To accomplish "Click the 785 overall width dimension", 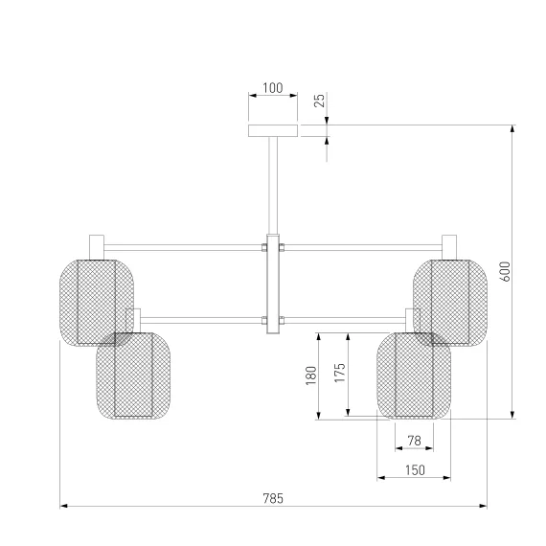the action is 273,498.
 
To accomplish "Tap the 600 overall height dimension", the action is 506,272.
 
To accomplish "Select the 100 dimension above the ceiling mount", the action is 273,88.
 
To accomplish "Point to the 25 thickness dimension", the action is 319,101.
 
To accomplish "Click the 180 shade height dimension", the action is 311,375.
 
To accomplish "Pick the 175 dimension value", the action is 340,373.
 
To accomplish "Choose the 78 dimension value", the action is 415,441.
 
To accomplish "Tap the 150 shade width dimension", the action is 415,470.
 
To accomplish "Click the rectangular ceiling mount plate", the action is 273,130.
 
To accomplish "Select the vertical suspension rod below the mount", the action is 273,185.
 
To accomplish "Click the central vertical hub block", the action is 273,284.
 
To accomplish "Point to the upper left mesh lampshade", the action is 97,303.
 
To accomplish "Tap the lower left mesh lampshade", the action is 133,375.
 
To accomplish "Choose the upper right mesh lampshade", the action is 450,303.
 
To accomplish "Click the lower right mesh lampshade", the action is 414,375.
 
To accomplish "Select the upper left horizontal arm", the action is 183,247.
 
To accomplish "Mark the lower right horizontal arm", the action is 345,320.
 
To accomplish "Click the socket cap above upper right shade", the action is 449,247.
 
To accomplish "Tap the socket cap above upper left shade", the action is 97,247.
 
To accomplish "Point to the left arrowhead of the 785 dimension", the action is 63,506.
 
